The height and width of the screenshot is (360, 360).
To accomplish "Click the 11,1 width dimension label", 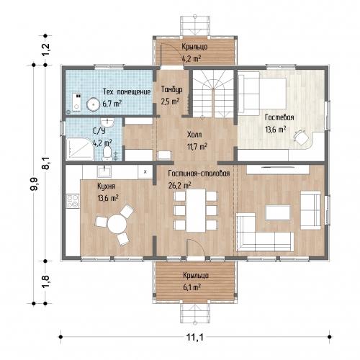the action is click(195, 337).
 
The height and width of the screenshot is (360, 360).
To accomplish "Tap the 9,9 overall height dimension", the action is click(34, 184).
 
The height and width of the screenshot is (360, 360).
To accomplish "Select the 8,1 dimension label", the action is click(45, 163).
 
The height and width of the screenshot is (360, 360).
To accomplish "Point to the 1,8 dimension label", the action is click(45, 281).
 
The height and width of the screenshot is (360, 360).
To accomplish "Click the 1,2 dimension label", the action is click(45, 50).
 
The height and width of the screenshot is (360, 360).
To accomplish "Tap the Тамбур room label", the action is click(171, 89).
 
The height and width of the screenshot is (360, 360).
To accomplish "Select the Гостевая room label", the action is click(279, 117).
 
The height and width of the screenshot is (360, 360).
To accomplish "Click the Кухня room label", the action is click(107, 186).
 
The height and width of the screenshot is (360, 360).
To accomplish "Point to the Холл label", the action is click(194, 135).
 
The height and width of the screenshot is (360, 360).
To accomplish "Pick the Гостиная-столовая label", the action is click(199, 174).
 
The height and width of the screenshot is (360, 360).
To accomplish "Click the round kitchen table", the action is click(117, 224).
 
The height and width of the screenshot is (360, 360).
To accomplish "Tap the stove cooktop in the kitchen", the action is click(73, 201).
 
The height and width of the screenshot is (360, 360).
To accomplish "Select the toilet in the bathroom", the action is click(107, 153).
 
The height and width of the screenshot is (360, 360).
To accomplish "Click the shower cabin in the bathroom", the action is click(80, 149).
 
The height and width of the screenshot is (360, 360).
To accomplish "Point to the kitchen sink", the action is click(104, 171).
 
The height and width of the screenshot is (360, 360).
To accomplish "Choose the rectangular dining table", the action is click(196, 210).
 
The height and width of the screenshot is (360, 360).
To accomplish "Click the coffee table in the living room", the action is click(278, 212).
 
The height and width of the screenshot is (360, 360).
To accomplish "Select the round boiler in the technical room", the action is click(93, 104).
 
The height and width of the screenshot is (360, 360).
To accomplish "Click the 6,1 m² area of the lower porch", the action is click(192, 287).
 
